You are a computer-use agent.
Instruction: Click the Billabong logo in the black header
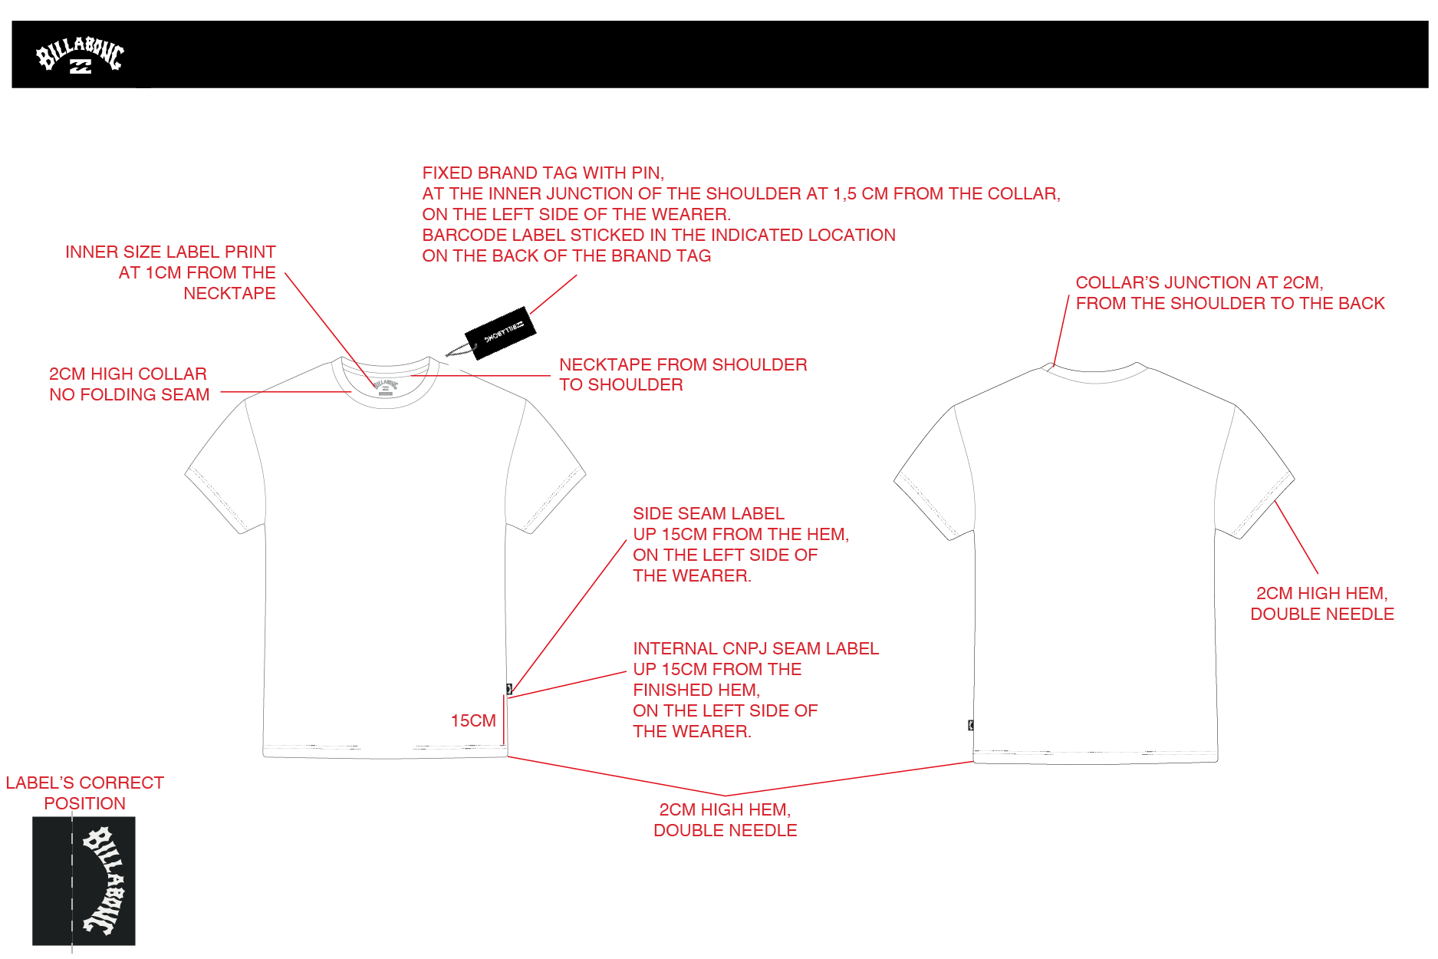click(80, 55)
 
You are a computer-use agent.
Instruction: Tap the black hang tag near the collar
click(500, 333)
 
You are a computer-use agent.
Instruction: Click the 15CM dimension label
click(473, 720)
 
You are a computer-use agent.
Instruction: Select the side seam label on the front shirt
click(509, 689)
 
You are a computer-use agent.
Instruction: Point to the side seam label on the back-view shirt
click(971, 725)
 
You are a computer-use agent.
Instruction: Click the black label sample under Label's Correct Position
click(84, 881)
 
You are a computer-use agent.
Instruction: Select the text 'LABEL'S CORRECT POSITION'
click(85, 793)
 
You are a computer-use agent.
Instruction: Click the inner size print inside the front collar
click(385, 386)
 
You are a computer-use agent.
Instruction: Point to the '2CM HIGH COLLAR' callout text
click(128, 374)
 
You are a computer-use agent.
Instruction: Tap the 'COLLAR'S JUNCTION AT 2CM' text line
click(1199, 282)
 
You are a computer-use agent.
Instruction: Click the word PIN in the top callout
click(648, 173)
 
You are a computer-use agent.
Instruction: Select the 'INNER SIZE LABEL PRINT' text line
click(170, 252)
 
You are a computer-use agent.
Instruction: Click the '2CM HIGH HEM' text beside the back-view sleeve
click(1322, 593)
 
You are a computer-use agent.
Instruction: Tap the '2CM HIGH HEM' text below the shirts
click(725, 809)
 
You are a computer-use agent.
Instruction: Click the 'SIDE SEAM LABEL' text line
click(709, 513)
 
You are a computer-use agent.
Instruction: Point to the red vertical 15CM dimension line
click(504, 720)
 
